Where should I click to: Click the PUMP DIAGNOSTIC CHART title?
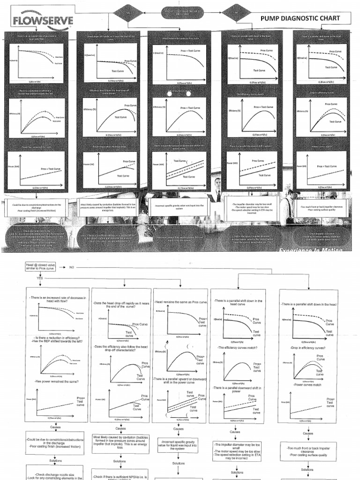(301, 18)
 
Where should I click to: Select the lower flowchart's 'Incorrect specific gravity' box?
(179, 445)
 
